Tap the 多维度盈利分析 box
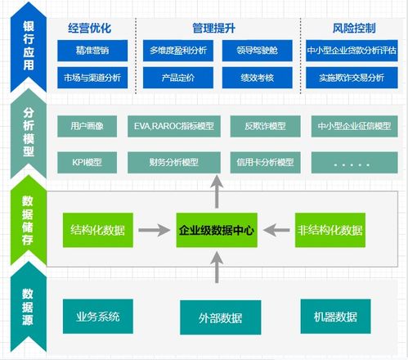coord(178,52)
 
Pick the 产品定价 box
coord(178,78)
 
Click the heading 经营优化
coord(90,28)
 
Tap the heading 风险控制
coord(354,28)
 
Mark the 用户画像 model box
coord(87,127)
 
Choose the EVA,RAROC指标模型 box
coord(173,127)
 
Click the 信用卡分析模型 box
coord(263,162)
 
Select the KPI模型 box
coord(87,162)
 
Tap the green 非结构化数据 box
coord(330,230)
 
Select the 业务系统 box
coord(98,317)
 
